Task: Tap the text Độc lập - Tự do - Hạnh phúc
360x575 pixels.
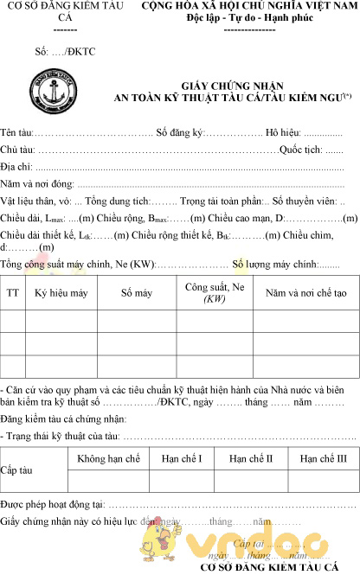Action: coord(236,18)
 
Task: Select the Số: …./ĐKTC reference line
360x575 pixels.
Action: coord(65,52)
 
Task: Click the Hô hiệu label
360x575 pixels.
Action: coord(283,133)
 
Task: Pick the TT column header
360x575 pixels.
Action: coord(13,293)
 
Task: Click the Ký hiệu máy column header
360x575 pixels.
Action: coord(61,293)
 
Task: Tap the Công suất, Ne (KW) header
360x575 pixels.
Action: coord(215,293)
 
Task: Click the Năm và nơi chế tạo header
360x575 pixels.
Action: coord(306,293)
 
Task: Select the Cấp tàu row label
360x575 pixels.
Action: coord(17,470)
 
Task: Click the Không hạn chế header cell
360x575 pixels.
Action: coord(108,458)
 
